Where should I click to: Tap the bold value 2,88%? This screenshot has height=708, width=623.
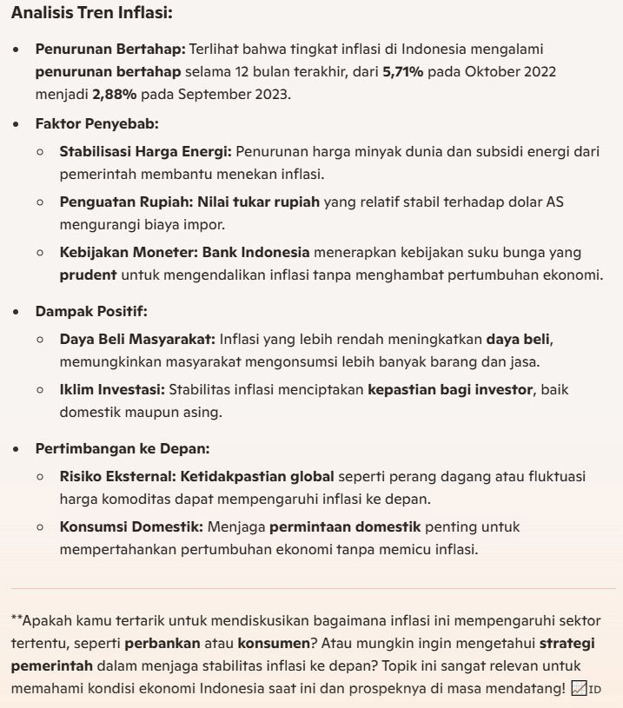(x=114, y=94)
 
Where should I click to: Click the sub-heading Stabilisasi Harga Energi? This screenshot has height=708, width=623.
(x=145, y=151)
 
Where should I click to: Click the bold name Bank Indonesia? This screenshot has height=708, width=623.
(x=256, y=253)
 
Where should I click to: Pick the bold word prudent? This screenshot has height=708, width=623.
(x=88, y=275)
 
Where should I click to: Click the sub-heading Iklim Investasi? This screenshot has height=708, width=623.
(x=113, y=390)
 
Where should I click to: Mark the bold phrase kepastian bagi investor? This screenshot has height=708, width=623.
(x=449, y=390)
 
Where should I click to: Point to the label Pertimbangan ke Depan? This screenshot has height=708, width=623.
(x=122, y=448)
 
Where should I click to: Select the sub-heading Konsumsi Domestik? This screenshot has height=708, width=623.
(x=131, y=527)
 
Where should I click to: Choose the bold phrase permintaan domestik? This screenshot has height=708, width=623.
(x=345, y=527)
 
